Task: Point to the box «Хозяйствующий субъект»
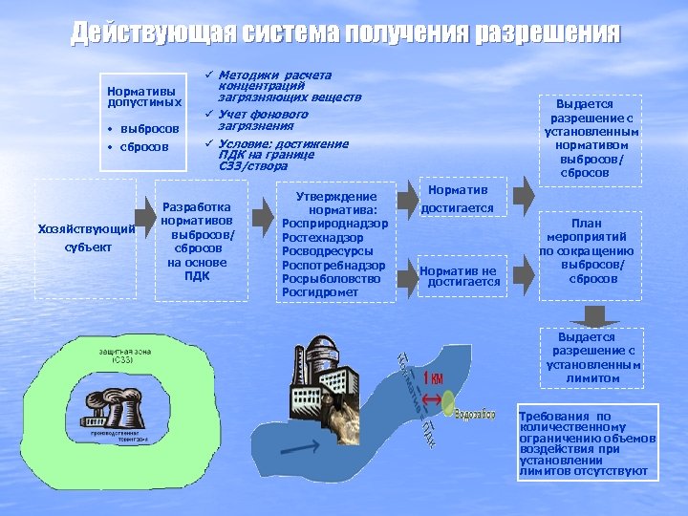(85, 237)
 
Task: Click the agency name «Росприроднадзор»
(335, 223)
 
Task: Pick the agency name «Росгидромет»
(323, 292)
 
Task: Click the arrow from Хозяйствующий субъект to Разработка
(145, 226)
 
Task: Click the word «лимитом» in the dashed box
(592, 378)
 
